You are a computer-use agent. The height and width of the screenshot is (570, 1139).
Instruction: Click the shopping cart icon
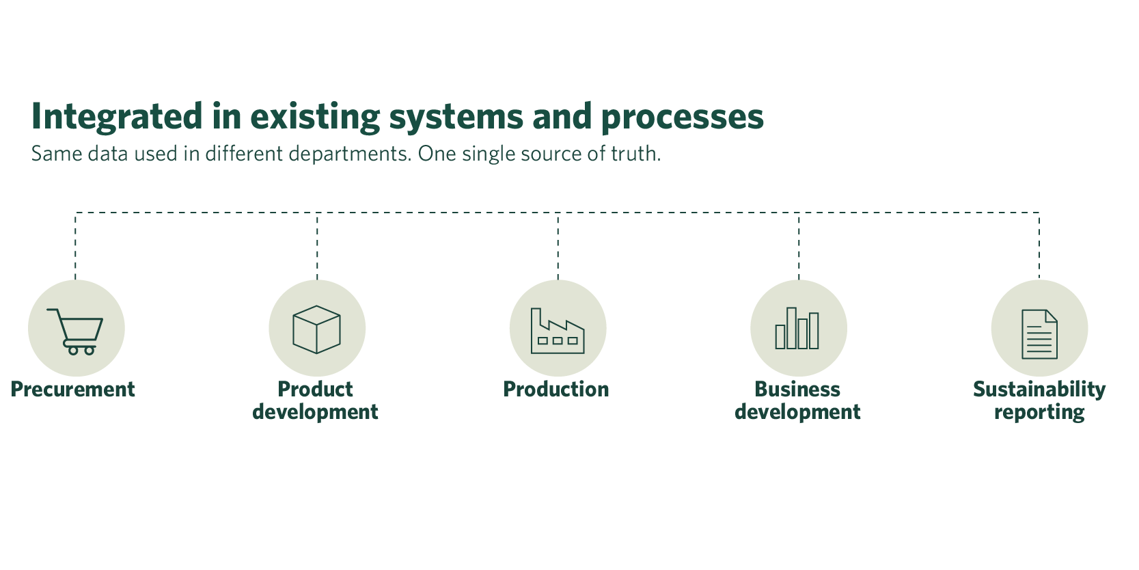tap(76, 330)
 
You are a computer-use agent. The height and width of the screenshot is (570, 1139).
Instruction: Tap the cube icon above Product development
tap(316, 329)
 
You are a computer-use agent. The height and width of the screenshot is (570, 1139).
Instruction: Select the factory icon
tap(558, 331)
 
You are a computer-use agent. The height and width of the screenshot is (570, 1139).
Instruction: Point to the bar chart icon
tap(797, 329)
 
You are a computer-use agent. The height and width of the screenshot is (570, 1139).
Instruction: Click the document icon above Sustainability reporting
tap(1039, 334)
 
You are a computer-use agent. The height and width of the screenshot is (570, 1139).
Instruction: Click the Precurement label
tap(73, 390)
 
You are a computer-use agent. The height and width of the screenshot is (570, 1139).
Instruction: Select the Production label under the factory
tap(556, 390)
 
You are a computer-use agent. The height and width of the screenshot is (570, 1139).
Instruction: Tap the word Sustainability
tap(1039, 390)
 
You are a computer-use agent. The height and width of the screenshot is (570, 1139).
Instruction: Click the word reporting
tap(1039, 412)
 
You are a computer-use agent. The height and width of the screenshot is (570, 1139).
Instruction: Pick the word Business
tap(797, 390)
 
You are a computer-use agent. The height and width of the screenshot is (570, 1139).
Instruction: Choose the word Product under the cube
tap(315, 390)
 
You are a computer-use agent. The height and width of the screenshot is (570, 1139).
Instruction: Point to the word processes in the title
tap(682, 117)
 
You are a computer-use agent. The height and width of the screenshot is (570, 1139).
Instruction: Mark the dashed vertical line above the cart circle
tap(75, 246)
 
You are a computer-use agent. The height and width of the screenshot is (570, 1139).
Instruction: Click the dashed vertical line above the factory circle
tap(558, 246)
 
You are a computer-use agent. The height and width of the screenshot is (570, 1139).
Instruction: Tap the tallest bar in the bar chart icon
tap(791, 328)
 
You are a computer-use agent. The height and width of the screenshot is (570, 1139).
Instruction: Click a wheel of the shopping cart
tap(73, 351)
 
